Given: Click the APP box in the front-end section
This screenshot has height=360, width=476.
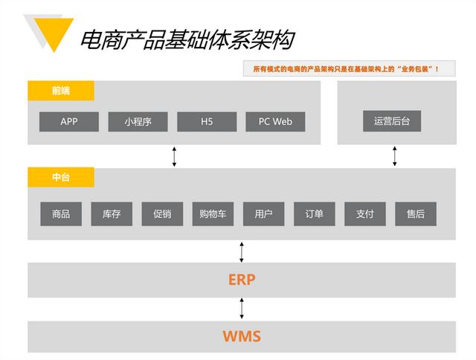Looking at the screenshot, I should click(x=69, y=121).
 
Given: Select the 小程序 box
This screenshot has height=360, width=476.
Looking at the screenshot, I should click(x=138, y=121).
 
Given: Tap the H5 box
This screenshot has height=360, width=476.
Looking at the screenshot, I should click(x=207, y=121).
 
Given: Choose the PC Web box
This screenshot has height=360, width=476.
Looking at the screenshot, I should click(x=275, y=121).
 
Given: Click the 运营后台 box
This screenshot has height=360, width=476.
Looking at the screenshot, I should click(x=392, y=120).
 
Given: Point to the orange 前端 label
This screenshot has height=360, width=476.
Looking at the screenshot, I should click(x=61, y=91).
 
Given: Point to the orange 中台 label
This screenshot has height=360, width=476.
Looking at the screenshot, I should click(x=61, y=178).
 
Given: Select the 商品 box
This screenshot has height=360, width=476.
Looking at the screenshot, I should click(x=61, y=214).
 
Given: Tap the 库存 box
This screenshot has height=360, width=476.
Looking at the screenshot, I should click(x=112, y=214).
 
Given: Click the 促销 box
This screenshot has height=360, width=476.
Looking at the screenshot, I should click(x=162, y=214).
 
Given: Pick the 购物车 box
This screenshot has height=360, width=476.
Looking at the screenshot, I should click(x=213, y=214).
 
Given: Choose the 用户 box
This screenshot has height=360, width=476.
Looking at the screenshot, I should click(x=263, y=214).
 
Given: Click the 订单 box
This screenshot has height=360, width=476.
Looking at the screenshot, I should click(x=314, y=214).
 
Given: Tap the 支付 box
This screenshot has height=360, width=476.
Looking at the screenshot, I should click(x=364, y=214).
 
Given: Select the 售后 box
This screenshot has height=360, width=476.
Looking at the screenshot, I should click(x=416, y=214).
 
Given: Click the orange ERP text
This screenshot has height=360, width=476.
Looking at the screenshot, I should click(x=242, y=280).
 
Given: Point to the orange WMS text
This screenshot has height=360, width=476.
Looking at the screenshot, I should click(x=242, y=336).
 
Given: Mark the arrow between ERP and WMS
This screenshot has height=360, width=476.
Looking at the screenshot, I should click(x=242, y=309).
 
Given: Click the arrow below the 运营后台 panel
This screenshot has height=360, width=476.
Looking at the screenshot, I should click(x=395, y=156).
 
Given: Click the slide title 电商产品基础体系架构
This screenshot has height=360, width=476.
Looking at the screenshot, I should click(x=186, y=39).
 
